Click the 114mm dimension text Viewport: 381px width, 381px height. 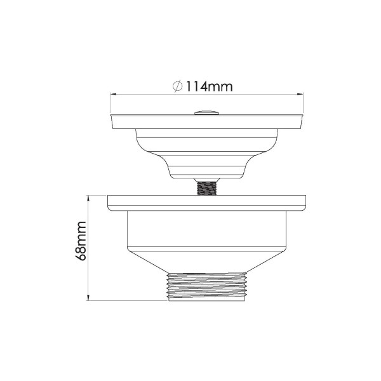click(x=210, y=87)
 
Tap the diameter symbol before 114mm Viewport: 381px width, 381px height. click(x=178, y=87)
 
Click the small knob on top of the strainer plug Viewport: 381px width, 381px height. click(x=205, y=112)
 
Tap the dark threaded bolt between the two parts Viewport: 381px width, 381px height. click(x=205, y=188)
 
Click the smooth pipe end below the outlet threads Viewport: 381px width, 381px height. click(x=205, y=300)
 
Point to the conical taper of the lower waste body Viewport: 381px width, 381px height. click(x=205, y=260)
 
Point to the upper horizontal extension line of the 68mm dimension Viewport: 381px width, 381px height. click(x=98, y=195)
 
